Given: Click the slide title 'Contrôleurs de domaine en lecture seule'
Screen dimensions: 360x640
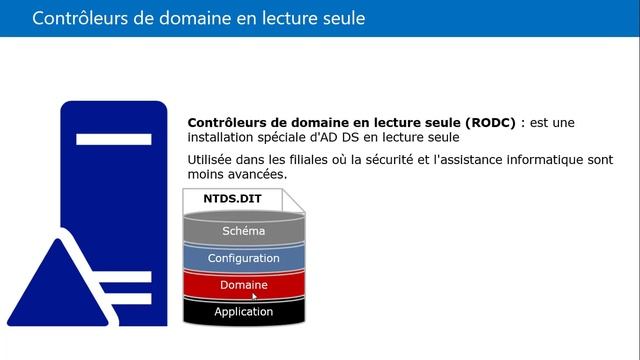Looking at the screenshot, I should pyautogui.click(x=198, y=18).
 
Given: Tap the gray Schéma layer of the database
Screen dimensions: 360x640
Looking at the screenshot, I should pyautogui.click(x=243, y=231).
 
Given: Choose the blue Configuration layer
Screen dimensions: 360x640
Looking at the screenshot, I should pyautogui.click(x=243, y=258).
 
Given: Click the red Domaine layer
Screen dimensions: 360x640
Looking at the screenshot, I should pyautogui.click(x=243, y=285).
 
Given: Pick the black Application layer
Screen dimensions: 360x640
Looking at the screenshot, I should pyautogui.click(x=243, y=311).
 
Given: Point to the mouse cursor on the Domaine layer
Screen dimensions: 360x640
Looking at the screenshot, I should pyautogui.click(x=254, y=295).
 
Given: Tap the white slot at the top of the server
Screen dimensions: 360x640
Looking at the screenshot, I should pyautogui.click(x=112, y=138).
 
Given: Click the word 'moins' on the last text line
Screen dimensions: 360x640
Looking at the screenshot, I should pyautogui.click(x=206, y=174).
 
